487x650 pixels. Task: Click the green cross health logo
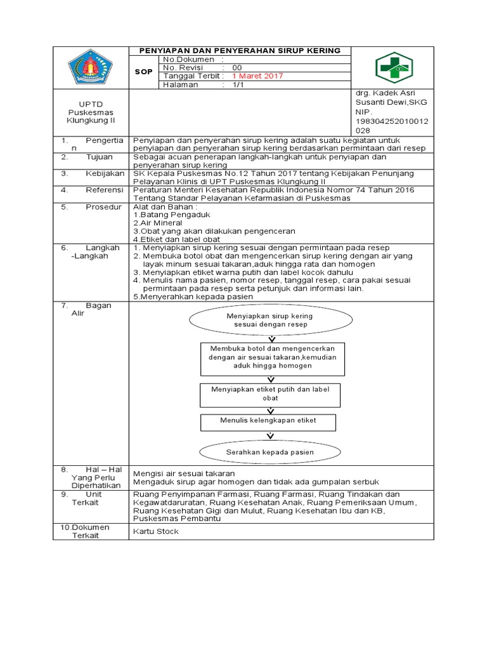tap(393, 67)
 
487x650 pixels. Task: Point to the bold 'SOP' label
tap(144, 72)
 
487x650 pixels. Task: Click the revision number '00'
tap(237, 67)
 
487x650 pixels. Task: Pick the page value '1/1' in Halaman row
tap(237, 84)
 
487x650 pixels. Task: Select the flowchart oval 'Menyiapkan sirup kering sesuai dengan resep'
tap(270, 320)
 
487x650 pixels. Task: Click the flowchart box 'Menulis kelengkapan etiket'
tap(268, 420)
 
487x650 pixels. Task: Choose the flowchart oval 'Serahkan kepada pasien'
tap(270, 453)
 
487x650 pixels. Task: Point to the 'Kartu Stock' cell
tap(156, 531)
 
